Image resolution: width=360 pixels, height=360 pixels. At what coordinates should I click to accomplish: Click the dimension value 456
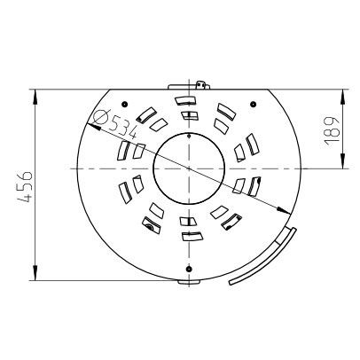[x=24, y=186]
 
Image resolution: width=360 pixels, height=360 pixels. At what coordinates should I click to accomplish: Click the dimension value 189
[x=331, y=130]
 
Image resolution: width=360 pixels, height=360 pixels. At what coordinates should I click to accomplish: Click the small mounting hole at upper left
[x=124, y=104]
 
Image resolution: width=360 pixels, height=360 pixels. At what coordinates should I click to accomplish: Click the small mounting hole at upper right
[x=253, y=104]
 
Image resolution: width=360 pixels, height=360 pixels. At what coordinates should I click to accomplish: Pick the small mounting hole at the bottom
[x=189, y=269]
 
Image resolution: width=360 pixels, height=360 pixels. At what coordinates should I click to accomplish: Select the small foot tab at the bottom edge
[x=189, y=282]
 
